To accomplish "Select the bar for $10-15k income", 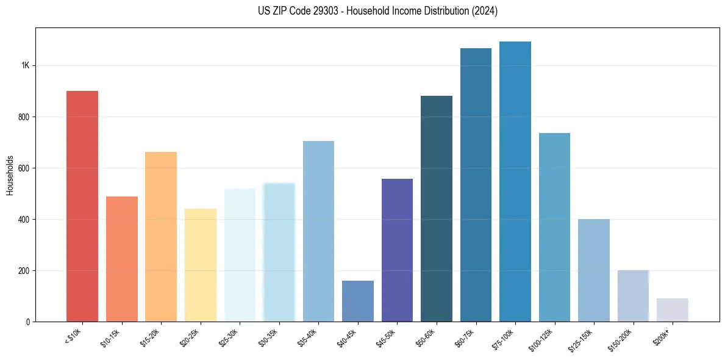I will [x=122, y=259].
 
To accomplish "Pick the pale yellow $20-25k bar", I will [x=201, y=265].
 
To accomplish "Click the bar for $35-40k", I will [x=318, y=231].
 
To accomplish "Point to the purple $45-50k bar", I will [x=397, y=250].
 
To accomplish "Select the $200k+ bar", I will [x=673, y=310].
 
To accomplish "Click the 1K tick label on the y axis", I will [x=26, y=66].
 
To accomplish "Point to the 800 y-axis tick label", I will [x=24, y=117].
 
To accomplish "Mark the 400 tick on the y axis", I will [x=24, y=220].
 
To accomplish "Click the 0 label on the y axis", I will [x=28, y=322].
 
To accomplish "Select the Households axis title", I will [x=10, y=175].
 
